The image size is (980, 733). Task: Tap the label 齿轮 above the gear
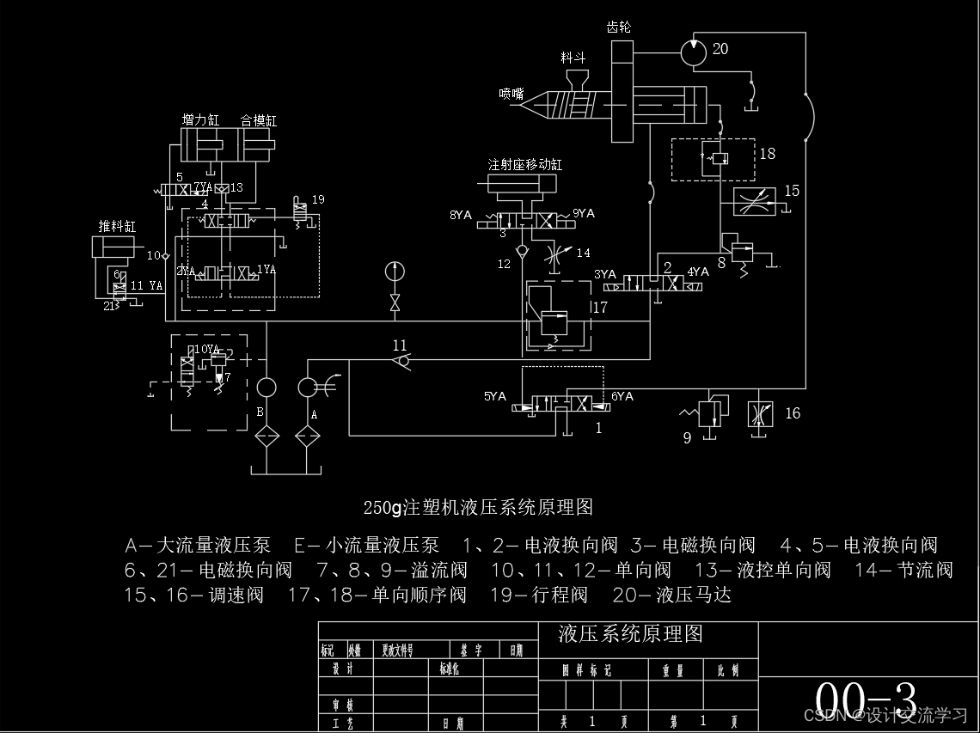[x=619, y=27]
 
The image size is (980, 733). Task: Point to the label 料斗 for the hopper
[x=573, y=58]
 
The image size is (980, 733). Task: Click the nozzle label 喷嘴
[x=511, y=94]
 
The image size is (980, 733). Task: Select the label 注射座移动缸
[x=525, y=164]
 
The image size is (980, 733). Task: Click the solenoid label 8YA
[x=461, y=215]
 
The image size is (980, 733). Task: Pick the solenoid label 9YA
[x=584, y=214]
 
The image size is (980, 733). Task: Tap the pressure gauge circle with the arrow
[x=395, y=272]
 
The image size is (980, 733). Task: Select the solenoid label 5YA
[x=495, y=397]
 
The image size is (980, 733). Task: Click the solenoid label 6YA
[x=622, y=397]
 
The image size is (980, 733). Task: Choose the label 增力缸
[x=199, y=120]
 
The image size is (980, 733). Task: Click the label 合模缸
[x=259, y=120]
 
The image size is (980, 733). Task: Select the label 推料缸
[x=117, y=227]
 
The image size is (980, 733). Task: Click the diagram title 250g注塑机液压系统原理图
[x=478, y=507]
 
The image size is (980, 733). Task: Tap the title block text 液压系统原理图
[x=631, y=634]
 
